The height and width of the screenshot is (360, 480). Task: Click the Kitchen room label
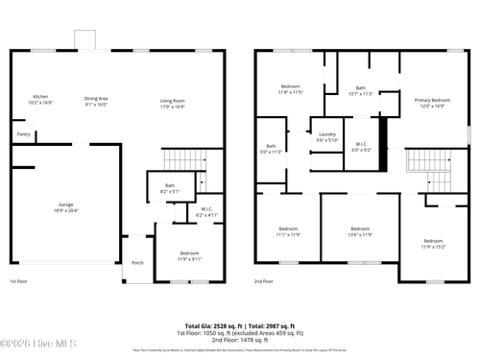pos(40,98)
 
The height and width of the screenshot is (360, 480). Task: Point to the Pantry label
pos(23,134)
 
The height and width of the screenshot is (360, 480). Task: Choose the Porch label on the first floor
pos(137,263)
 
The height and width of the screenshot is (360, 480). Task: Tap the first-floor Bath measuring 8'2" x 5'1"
pos(170,187)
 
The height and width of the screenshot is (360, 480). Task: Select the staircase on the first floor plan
pos(179,159)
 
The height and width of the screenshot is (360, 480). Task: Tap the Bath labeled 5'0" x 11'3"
pos(272,149)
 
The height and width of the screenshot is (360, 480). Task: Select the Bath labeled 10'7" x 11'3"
pos(360,91)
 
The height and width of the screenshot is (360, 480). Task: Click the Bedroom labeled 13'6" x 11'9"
pos(360,230)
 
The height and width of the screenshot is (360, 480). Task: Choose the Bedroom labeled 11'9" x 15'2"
pos(434,243)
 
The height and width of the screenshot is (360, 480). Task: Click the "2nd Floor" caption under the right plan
pos(265,282)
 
